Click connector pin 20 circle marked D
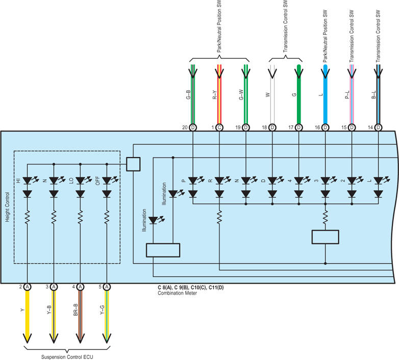click(x=193, y=127)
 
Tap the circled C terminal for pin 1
click(x=219, y=127)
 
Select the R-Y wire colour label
click(x=215, y=94)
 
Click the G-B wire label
click(x=189, y=94)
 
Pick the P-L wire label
click(x=347, y=94)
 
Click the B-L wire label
click(x=374, y=94)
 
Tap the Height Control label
click(x=7, y=207)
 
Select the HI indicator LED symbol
click(x=27, y=181)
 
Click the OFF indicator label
click(x=98, y=181)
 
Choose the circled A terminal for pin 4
click(x=80, y=287)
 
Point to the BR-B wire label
click(x=76, y=310)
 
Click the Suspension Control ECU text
click(x=67, y=357)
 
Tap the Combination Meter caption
click(x=178, y=293)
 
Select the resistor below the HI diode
click(x=27, y=217)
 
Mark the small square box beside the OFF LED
click(x=133, y=164)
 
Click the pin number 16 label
click(x=317, y=127)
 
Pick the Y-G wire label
click(x=102, y=310)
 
